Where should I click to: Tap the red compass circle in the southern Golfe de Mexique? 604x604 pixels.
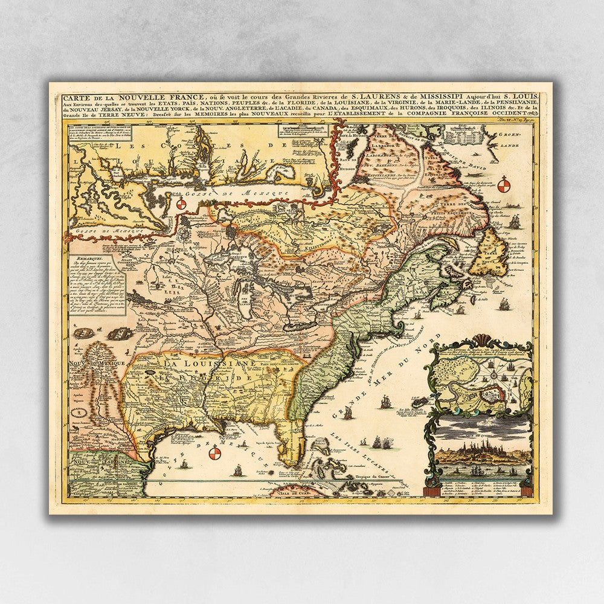[214, 454]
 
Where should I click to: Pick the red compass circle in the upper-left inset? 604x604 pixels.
[180, 205]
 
